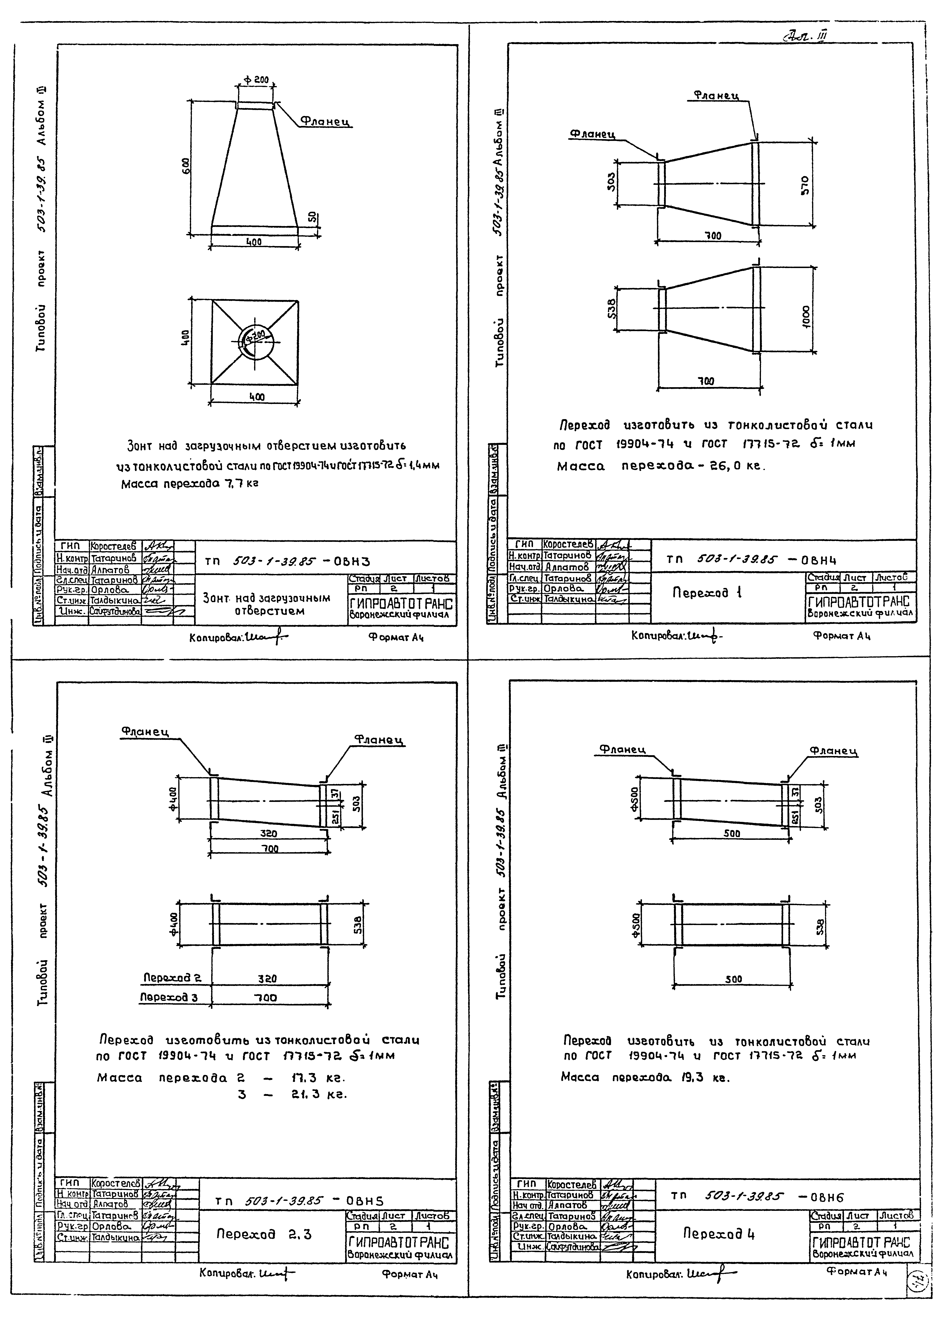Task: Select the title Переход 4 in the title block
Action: (x=718, y=1233)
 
